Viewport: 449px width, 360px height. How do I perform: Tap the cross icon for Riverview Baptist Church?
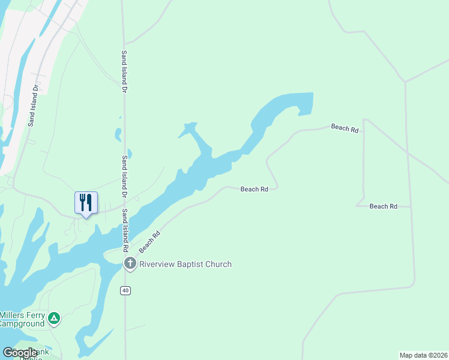click(130, 263)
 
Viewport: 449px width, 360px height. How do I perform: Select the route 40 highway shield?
click(125, 290)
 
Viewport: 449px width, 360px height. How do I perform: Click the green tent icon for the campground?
click(54, 318)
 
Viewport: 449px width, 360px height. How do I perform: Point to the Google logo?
click(20, 353)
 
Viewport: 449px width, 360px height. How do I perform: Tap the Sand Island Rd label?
click(125, 231)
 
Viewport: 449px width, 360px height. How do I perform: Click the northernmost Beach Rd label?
click(345, 128)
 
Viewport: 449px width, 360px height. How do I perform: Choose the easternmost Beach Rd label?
click(384, 206)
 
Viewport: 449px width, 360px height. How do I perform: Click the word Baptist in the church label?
click(190, 264)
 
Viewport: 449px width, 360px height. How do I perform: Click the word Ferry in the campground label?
click(34, 315)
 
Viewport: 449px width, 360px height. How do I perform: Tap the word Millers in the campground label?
click(11, 315)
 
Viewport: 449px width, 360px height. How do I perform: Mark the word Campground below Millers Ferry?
click(22, 324)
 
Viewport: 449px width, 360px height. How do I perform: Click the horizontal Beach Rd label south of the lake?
click(254, 189)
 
